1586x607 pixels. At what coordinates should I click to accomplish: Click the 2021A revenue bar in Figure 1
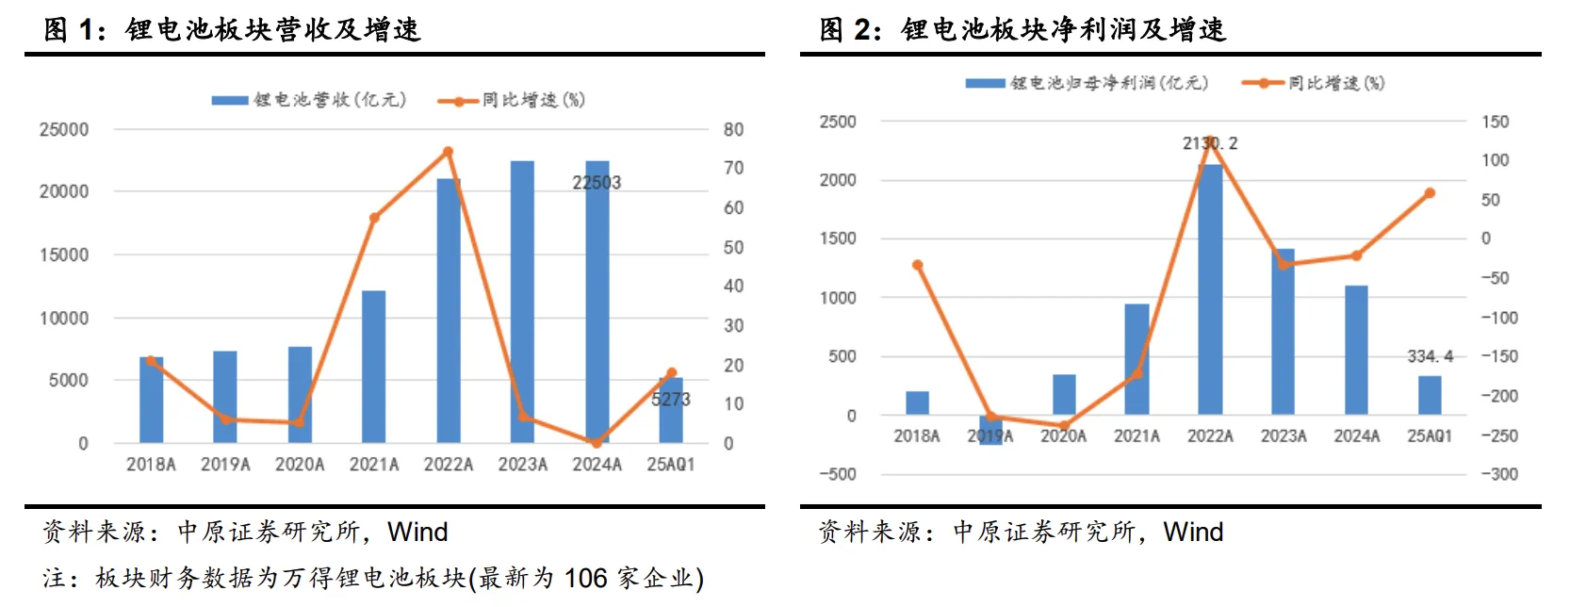374,368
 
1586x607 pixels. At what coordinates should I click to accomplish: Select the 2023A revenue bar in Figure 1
522,302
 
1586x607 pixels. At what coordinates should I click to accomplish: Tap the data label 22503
597,183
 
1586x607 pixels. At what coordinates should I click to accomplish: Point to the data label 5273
671,400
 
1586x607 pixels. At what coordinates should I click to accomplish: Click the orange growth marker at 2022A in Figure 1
448,152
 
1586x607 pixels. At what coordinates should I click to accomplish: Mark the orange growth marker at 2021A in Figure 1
374,218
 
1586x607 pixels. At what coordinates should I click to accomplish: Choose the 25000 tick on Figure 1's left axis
64,129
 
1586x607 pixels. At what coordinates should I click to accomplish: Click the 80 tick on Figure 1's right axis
733,129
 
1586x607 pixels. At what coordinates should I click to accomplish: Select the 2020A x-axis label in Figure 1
300,465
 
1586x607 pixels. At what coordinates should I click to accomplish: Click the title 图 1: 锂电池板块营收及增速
232,29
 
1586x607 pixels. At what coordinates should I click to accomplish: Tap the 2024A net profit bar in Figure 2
1356,350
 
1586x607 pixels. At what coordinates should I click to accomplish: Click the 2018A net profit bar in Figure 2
917,402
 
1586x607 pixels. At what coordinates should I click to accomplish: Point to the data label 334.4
1430,356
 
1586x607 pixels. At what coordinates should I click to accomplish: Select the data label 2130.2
1210,143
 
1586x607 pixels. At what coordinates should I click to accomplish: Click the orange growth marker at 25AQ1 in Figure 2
1430,193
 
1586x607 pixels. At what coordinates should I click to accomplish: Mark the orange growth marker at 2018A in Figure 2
917,265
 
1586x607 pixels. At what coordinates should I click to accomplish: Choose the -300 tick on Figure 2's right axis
1498,474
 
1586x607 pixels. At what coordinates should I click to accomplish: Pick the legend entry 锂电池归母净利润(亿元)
1108,83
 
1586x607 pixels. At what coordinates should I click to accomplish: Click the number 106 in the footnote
585,578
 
